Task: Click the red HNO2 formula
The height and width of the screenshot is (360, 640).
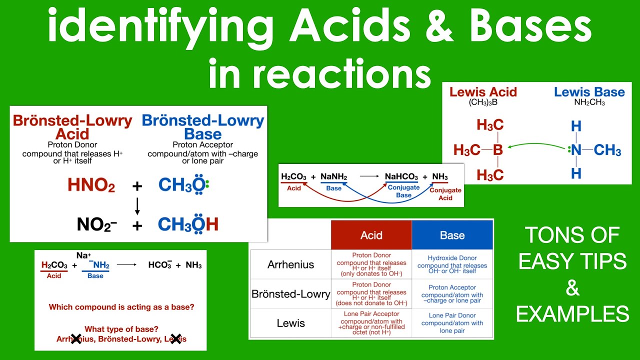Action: coord(91,185)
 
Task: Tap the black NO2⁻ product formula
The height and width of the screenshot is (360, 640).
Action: coord(97,224)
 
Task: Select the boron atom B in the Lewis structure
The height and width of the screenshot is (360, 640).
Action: coord(497,149)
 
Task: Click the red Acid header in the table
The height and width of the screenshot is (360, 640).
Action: coord(371,235)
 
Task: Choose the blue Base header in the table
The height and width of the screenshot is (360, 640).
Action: coord(452,235)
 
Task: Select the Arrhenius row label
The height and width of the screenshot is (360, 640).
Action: coord(290,264)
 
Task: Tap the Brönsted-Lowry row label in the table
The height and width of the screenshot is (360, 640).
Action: coord(290,294)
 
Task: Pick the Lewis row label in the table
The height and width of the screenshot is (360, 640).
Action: coord(290,323)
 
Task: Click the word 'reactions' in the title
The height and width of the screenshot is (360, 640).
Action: coord(345,73)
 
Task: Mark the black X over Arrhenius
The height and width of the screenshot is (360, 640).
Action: coord(76,339)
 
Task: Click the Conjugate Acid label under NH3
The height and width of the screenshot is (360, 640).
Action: coord(445,194)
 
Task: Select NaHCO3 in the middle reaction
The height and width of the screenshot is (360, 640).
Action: coord(401,177)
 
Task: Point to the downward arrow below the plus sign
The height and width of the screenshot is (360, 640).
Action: coord(137,205)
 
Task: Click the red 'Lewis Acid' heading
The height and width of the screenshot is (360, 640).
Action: coord(483,92)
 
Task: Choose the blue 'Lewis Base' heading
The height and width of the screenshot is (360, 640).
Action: coord(589,92)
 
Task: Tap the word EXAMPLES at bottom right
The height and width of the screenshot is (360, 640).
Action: coord(572,314)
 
